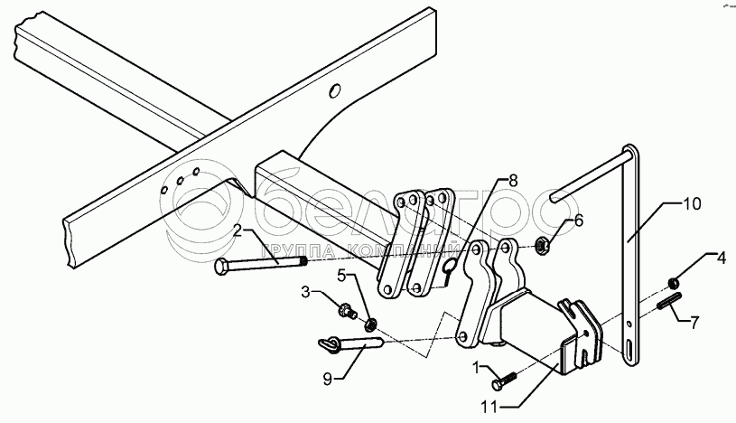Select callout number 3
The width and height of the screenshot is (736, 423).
tap(305, 293)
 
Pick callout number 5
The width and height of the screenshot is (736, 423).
tap(343, 274)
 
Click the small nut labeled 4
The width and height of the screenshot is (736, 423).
tap(675, 281)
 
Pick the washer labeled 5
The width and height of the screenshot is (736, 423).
tap(370, 323)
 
